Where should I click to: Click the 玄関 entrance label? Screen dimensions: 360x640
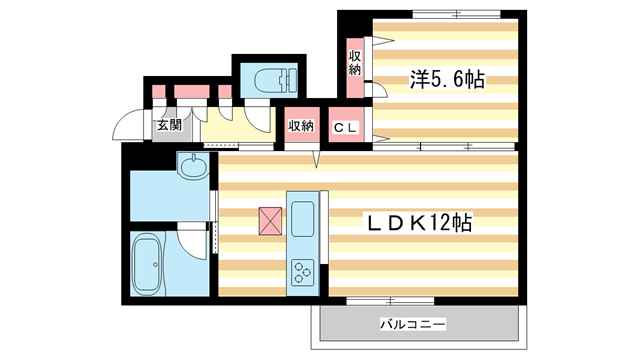click(x=169, y=126)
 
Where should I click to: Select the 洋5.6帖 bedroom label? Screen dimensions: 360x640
click(x=445, y=80)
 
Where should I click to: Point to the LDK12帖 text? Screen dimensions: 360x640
click(x=420, y=223)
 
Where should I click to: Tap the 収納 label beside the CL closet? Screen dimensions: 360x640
click(x=301, y=126)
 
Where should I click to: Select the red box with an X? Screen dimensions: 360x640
click(x=271, y=221)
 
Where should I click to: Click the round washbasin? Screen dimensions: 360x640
click(x=192, y=167)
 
